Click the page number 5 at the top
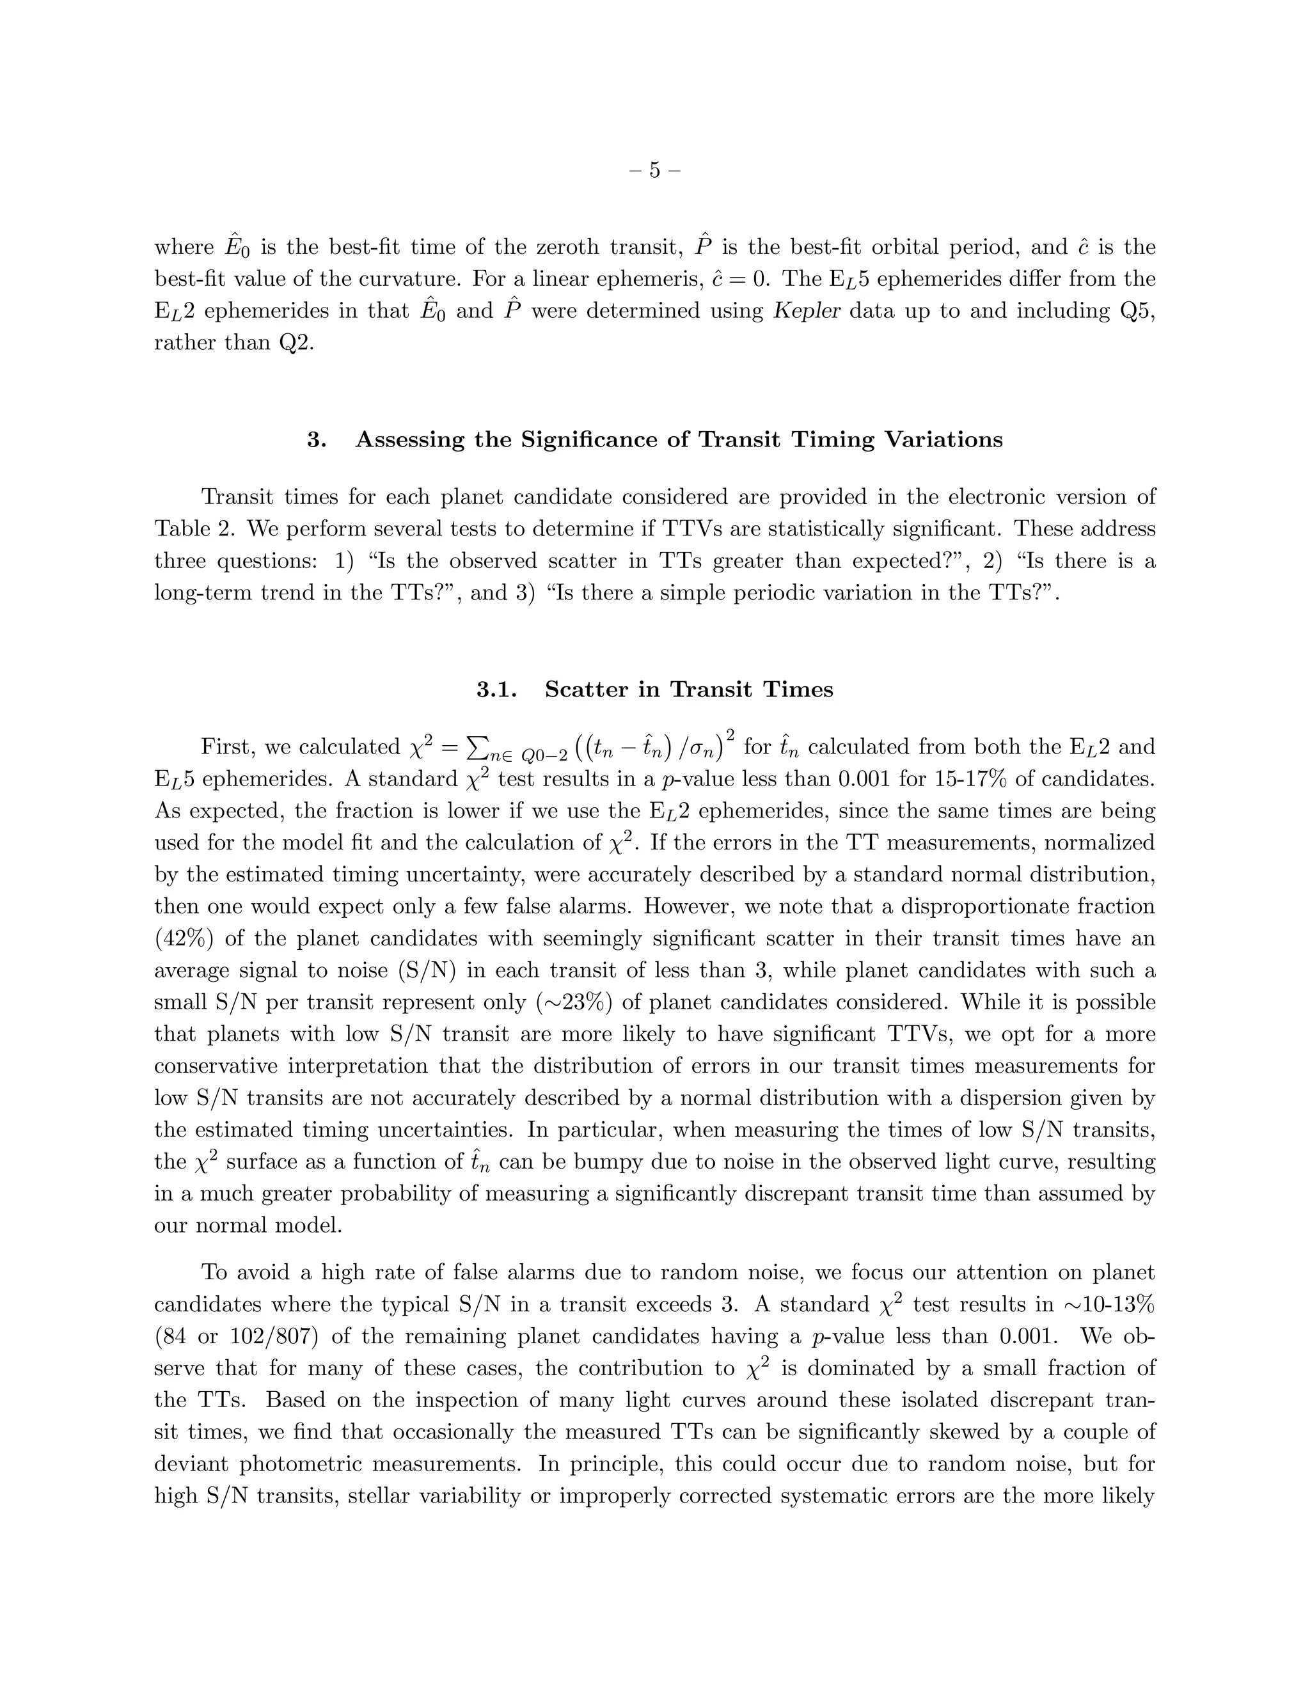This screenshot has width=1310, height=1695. click(x=654, y=170)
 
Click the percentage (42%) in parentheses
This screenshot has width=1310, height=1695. click(x=184, y=938)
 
